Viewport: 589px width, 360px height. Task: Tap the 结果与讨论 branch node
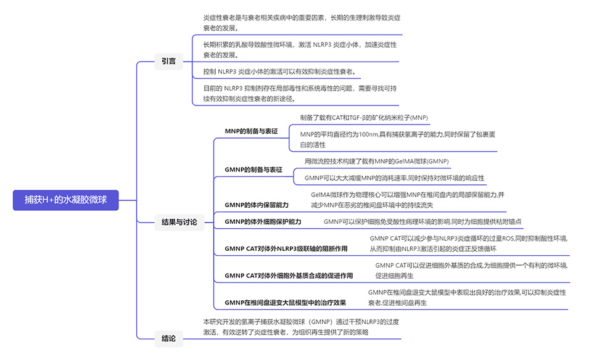[180, 221]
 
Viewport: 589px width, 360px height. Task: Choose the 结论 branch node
[168, 338]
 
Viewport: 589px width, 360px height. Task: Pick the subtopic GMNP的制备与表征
[253, 170]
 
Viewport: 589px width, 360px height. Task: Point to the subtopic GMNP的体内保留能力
[257, 204]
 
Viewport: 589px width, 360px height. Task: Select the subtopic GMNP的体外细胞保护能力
[263, 221]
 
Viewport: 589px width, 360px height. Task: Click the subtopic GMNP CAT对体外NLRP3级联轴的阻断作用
[286, 248]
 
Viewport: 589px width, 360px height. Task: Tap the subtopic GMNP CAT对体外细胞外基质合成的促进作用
[289, 275]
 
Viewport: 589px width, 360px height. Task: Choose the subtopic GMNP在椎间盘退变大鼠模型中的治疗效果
[286, 302]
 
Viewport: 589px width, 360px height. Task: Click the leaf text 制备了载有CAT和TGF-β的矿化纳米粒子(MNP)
[364, 117]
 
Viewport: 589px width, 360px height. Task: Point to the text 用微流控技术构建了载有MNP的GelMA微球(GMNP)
[377, 162]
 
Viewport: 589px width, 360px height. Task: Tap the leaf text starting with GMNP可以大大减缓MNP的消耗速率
[395, 178]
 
